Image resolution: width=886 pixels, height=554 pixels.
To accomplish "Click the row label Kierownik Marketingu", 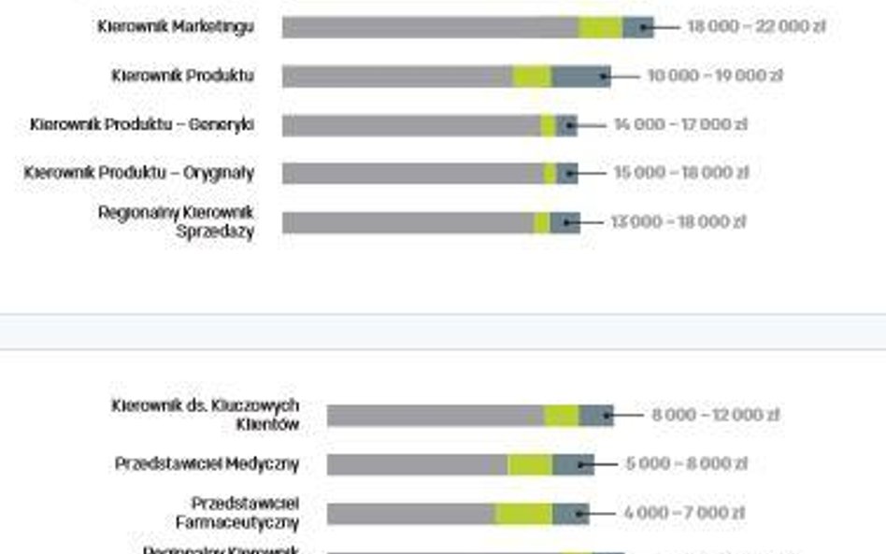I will [x=175, y=27].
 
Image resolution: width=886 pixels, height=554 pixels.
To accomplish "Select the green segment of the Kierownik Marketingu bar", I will [x=600, y=27].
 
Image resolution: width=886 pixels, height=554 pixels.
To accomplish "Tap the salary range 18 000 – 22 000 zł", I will [x=756, y=27].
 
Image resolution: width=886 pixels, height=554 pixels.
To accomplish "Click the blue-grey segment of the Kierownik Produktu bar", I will [x=580, y=76].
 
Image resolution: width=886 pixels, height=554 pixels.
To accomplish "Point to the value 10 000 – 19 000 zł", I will [x=714, y=76].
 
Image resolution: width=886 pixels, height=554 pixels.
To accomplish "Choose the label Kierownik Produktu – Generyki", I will [x=141, y=124].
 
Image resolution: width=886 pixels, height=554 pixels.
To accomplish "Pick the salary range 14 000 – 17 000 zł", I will [x=680, y=124].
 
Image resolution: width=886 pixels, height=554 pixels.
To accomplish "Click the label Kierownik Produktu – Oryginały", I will [x=139, y=173].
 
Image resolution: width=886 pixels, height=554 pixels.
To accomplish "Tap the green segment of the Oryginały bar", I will [x=550, y=173].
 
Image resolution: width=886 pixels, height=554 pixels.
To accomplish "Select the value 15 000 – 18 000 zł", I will [x=680, y=173].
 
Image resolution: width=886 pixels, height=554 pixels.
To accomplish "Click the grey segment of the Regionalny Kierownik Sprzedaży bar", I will [x=407, y=222].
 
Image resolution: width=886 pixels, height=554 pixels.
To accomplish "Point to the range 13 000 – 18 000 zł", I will [x=678, y=222].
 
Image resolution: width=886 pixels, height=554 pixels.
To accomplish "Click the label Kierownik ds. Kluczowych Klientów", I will [x=206, y=415].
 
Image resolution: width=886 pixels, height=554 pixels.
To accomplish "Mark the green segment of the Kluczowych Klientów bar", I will [x=562, y=416].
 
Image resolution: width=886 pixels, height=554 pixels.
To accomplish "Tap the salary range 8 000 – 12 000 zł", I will [x=715, y=415].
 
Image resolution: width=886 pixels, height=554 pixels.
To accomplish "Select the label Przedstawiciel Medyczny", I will [x=207, y=463].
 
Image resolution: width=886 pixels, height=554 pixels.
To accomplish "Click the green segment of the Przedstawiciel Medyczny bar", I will [x=530, y=464].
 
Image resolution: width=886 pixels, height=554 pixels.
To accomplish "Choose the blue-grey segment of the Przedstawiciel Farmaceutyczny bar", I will [x=570, y=513].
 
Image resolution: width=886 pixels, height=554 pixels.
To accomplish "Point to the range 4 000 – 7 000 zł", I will [x=684, y=513].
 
